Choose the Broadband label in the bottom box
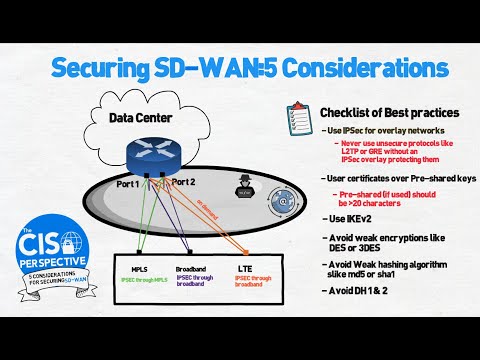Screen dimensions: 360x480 click(192, 268)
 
